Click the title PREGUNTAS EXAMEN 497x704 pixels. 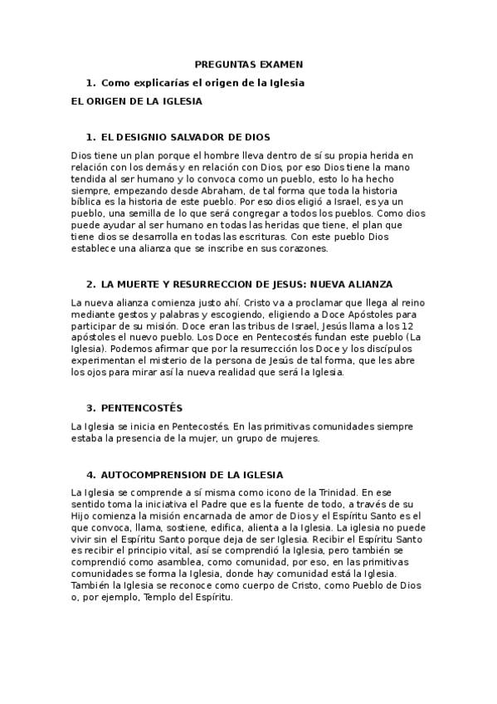(x=248, y=64)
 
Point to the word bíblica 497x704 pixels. (x=86, y=201)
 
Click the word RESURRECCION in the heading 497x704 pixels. (x=214, y=284)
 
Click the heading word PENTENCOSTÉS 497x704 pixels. (x=141, y=408)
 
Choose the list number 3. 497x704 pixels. (x=89, y=408)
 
